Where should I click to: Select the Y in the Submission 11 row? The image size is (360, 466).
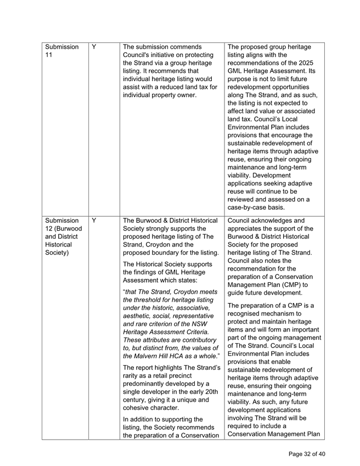click(x=94, y=47)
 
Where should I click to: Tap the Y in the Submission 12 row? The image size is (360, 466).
click(x=94, y=221)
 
